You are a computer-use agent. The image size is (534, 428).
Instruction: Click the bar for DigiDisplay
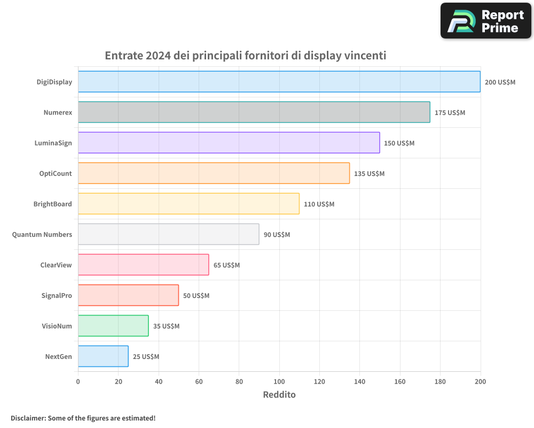pyautogui.click(x=279, y=82)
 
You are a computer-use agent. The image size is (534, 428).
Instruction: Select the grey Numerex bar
pyautogui.click(x=254, y=112)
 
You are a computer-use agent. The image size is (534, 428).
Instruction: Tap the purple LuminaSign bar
pyautogui.click(x=229, y=143)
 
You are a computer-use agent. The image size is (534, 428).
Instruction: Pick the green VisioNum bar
pyautogui.click(x=113, y=326)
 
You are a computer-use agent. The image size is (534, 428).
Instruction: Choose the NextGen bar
pyautogui.click(x=103, y=356)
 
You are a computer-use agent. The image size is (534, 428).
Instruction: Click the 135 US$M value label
pyautogui.click(x=369, y=174)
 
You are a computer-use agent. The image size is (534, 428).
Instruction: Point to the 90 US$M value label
pyautogui.click(x=277, y=235)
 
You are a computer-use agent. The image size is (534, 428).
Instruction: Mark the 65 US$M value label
pyautogui.click(x=226, y=265)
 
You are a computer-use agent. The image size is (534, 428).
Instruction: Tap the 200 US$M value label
pyautogui.click(x=500, y=82)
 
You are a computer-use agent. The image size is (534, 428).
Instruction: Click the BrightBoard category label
pyautogui.click(x=52, y=204)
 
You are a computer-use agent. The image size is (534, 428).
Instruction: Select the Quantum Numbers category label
pyautogui.click(x=42, y=234)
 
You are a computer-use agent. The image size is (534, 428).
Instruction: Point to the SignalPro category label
pyautogui.click(x=57, y=295)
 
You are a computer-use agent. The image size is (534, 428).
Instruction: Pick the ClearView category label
pyautogui.click(x=56, y=265)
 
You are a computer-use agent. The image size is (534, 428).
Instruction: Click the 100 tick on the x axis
pyautogui.click(x=279, y=381)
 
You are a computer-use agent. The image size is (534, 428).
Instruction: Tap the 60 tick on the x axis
pyautogui.click(x=199, y=381)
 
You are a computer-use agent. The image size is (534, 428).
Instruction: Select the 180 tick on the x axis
pyautogui.click(x=440, y=381)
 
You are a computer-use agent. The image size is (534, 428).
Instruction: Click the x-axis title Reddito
pyautogui.click(x=279, y=395)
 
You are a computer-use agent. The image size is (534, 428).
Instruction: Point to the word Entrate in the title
pyautogui.click(x=123, y=56)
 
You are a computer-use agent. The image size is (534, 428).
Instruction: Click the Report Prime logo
pyautogui.click(x=486, y=21)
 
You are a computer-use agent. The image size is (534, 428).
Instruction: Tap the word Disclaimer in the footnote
pyautogui.click(x=27, y=418)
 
